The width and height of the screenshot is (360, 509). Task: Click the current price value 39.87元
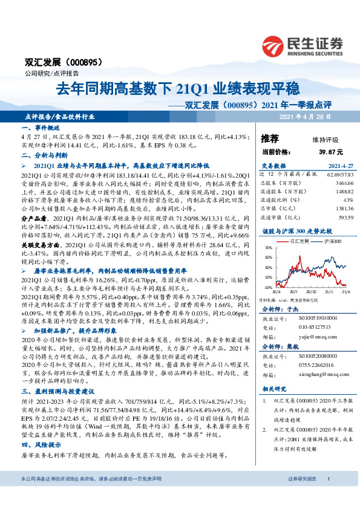[332, 152]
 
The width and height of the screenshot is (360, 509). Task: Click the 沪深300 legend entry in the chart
[330, 241]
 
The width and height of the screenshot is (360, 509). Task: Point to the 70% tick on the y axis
[269, 248]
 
